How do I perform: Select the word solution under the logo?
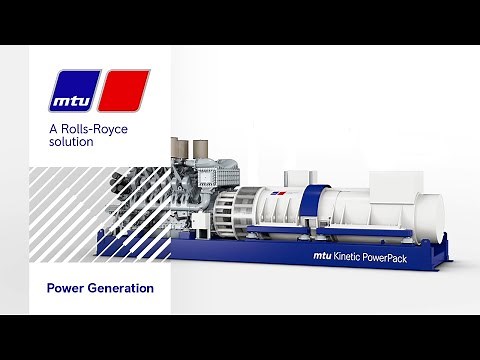point(71,143)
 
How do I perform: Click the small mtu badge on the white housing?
point(281,190)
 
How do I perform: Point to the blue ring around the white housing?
point(312,212)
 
